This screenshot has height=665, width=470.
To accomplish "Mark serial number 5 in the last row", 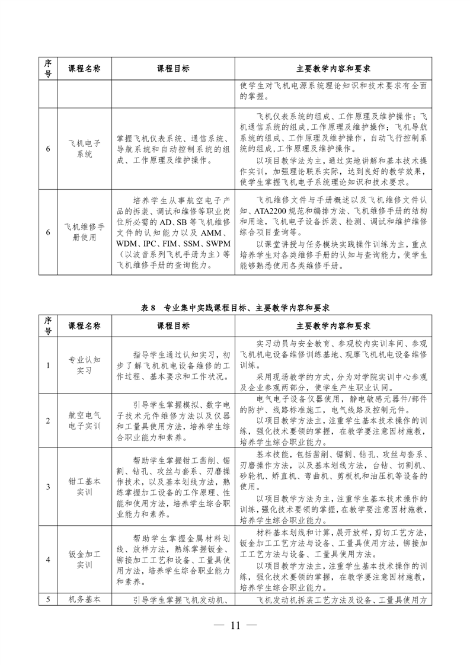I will click(x=47, y=599).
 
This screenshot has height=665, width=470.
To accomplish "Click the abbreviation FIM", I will click(x=171, y=244).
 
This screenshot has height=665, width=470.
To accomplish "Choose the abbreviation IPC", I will click(x=151, y=244).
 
